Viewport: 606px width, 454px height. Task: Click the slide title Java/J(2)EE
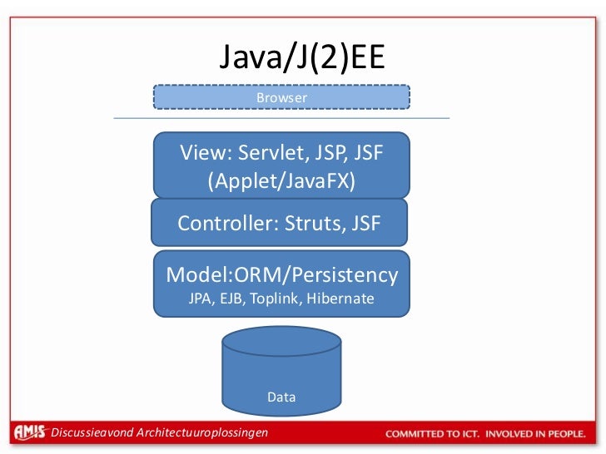pyautogui.click(x=302, y=59)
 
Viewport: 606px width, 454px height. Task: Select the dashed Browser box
pyautogui.click(x=281, y=98)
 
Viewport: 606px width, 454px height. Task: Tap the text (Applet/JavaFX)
pyautogui.click(x=281, y=180)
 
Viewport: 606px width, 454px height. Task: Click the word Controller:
pyautogui.click(x=228, y=224)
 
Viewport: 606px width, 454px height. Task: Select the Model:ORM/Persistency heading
pyautogui.click(x=282, y=275)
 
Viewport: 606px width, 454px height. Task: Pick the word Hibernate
pyautogui.click(x=340, y=299)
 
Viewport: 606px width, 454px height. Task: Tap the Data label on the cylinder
pyautogui.click(x=281, y=397)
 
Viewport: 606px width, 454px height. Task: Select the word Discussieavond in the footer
pyautogui.click(x=92, y=433)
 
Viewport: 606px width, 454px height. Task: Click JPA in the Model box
pyautogui.click(x=201, y=299)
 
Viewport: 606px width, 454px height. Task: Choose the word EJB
pyautogui.click(x=233, y=299)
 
